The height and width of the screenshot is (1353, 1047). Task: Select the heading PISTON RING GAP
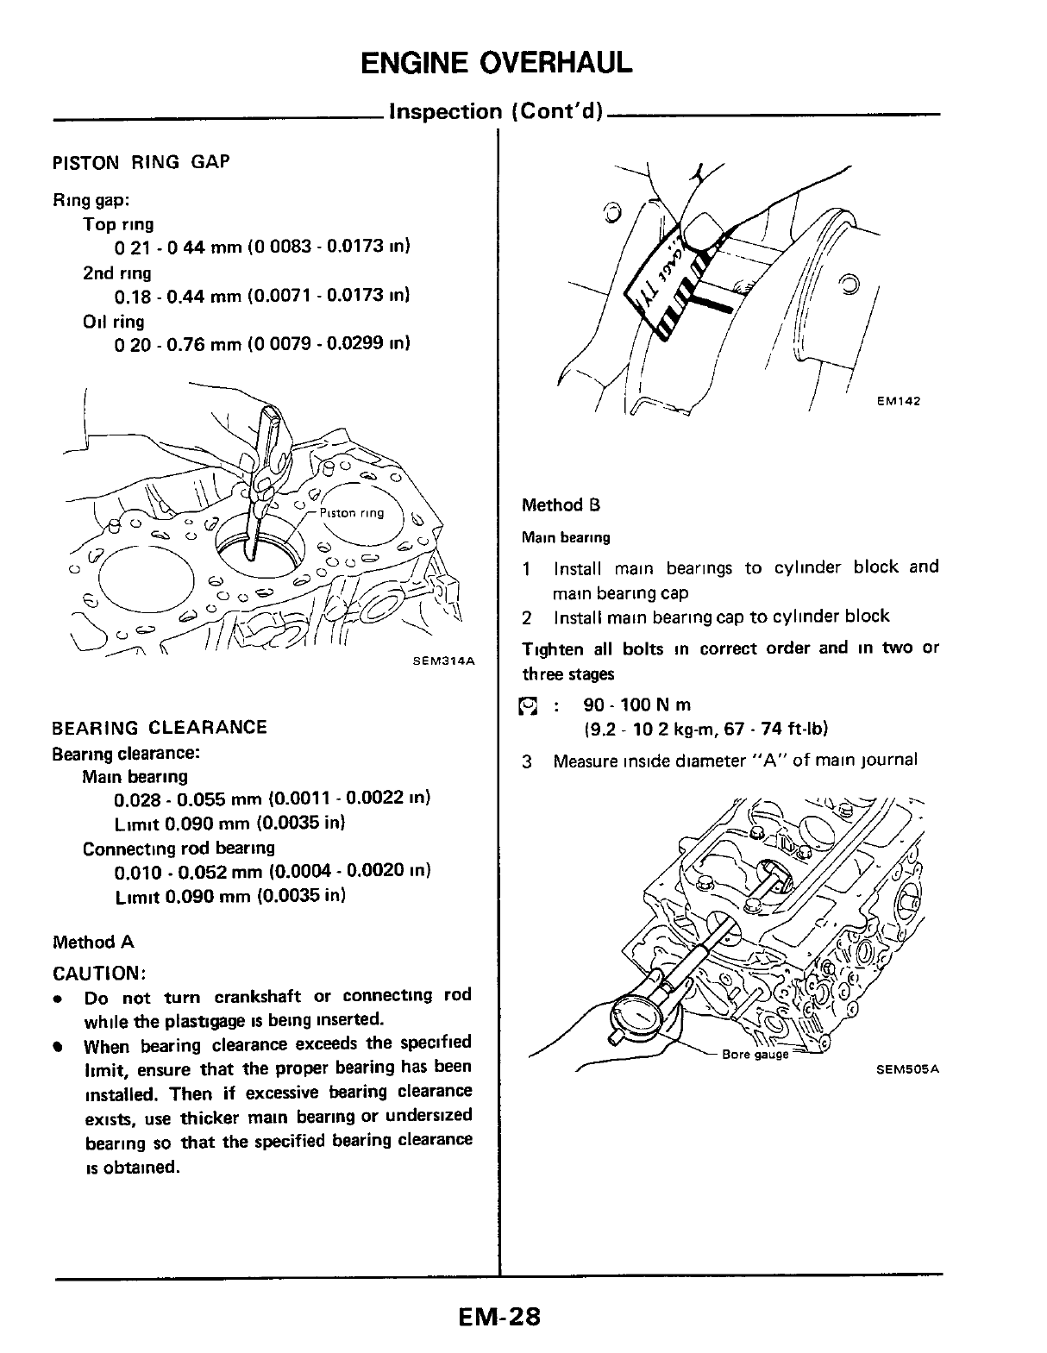[x=141, y=162]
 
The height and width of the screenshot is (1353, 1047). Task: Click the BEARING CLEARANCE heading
[x=160, y=727]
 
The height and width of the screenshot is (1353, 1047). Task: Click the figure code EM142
[x=899, y=400]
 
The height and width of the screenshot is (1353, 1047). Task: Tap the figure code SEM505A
[x=906, y=1069]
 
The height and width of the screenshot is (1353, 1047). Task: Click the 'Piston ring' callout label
[x=351, y=513]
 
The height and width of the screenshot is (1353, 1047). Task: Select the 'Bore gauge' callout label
[x=755, y=1054]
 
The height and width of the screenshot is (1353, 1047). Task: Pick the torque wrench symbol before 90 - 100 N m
[x=528, y=707]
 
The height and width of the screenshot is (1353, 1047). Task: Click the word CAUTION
[x=98, y=974]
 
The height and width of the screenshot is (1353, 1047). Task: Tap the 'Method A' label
[x=93, y=942]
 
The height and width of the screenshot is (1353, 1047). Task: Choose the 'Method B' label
[x=561, y=505]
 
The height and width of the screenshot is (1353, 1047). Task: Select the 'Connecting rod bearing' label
[x=179, y=848]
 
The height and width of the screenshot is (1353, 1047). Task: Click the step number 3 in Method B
[x=527, y=761]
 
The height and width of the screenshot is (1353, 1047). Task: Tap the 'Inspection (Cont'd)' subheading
[x=496, y=112]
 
